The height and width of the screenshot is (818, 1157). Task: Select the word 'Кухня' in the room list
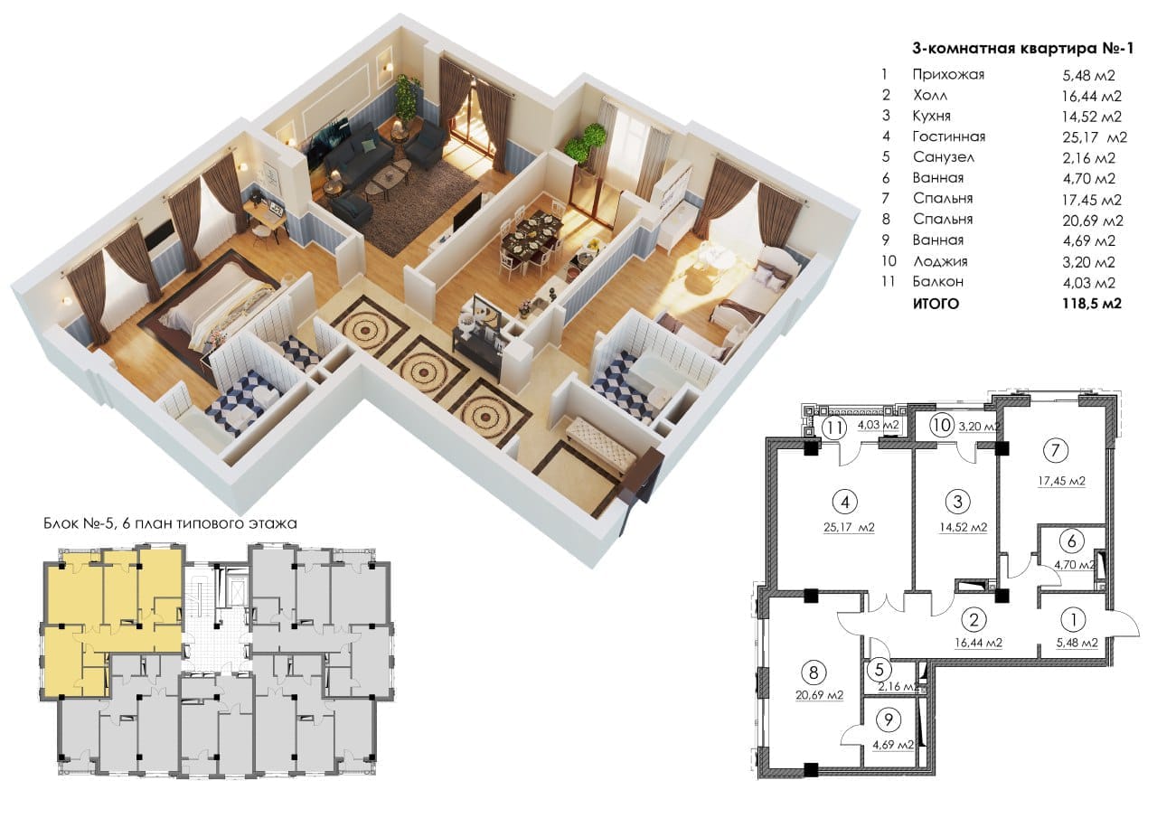pos(932,116)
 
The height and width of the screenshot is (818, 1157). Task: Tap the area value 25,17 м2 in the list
pos(1095,137)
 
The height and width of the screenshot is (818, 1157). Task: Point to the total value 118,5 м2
pos(1092,303)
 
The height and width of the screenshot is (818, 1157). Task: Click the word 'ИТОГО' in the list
pos(936,304)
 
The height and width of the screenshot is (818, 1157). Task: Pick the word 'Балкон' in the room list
pos(938,281)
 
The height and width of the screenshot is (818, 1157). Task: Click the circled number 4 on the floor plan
pos(845,502)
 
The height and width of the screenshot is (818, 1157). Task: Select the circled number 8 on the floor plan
pos(814,672)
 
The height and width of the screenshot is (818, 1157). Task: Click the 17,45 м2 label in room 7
pos(1061,481)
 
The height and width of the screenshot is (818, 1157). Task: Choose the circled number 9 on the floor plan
pos(889,719)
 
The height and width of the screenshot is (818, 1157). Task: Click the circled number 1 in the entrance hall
pos(1073,619)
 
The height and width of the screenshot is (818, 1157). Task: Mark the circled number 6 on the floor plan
pos(1071,541)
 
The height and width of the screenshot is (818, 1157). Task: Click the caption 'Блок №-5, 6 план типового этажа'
pos(171,523)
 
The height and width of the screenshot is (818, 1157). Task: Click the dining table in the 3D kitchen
pos(532,232)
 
